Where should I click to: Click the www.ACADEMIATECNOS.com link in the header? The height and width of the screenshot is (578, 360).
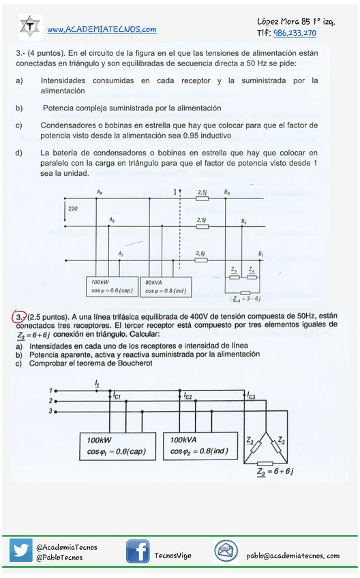102,29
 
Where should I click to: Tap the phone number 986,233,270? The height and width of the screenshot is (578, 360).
295,33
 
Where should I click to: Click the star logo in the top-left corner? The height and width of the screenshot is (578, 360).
29,27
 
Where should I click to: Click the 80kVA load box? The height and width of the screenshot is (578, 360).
166,286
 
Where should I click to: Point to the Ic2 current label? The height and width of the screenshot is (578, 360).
189,396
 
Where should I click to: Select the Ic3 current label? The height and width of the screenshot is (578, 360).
252,396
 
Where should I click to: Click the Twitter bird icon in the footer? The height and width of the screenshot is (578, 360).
20,551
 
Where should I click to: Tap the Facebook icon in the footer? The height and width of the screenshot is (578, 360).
138,551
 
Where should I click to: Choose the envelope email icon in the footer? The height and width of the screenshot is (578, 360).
226,551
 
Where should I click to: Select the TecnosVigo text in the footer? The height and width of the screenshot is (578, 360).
172,556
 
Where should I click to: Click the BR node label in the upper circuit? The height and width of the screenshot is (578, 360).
227,194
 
